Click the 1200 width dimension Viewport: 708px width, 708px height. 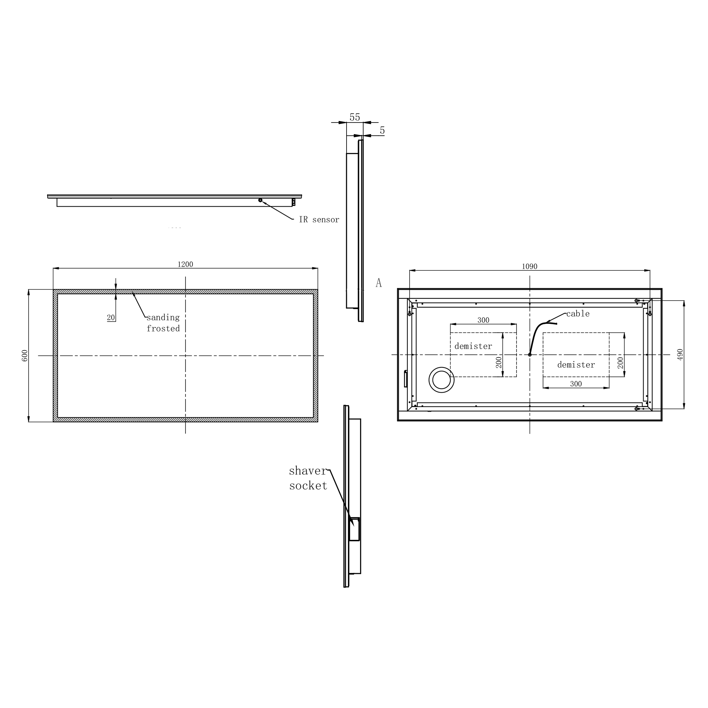(185, 264)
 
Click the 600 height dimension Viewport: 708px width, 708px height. (24, 355)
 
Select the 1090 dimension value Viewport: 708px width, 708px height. (529, 267)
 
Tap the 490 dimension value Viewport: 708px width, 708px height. (680, 354)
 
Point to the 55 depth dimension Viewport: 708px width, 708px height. (354, 117)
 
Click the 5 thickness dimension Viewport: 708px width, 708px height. (382, 131)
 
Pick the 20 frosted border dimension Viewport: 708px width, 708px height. (111, 318)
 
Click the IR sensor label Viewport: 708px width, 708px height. (319, 219)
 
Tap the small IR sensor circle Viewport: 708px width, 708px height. (260, 200)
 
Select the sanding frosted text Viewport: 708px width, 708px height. (163, 323)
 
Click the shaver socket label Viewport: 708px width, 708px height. (308, 478)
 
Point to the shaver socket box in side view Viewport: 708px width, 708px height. (354, 529)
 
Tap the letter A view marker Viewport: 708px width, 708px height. (378, 282)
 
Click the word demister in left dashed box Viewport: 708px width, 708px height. (473, 346)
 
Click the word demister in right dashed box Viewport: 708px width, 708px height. (576, 365)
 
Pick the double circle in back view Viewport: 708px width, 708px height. (441, 379)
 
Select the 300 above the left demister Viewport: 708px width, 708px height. (483, 320)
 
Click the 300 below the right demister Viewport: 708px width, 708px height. (576, 384)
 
